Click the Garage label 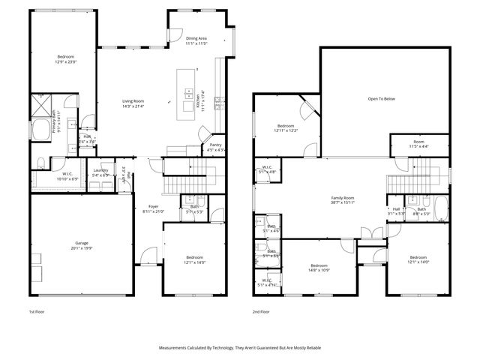tap(81, 244)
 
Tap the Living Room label tap(133, 101)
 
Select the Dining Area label tap(196, 38)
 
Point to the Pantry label tap(215, 145)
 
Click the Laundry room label tap(100, 170)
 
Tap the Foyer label tap(153, 206)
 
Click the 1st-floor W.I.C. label tap(67, 175)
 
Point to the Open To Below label tap(381, 98)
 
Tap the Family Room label tap(343, 198)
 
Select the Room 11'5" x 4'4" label tap(418, 142)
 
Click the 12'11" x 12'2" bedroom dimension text tap(286, 130)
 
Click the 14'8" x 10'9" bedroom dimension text tap(319, 270)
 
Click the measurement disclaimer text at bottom tap(239, 348)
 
